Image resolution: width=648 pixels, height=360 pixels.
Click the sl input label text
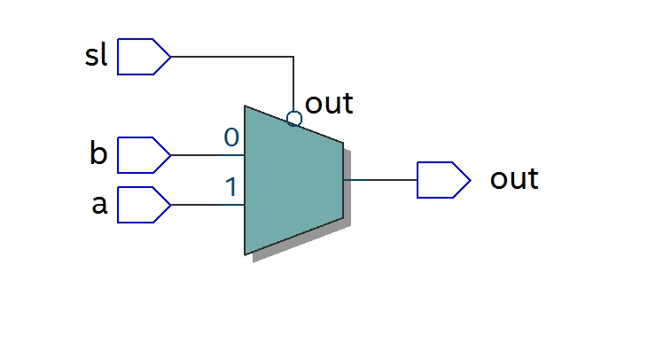click(x=96, y=56)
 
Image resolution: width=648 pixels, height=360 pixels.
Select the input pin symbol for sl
click(x=143, y=57)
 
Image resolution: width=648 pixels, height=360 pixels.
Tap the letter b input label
click(x=98, y=154)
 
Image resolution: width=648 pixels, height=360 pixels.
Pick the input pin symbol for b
click(x=143, y=155)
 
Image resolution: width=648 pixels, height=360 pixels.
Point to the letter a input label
click(x=99, y=205)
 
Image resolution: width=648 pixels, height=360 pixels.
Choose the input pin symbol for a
click(x=143, y=205)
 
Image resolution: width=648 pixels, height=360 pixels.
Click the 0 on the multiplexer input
click(x=230, y=137)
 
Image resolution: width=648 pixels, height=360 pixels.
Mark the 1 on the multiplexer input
click(x=230, y=187)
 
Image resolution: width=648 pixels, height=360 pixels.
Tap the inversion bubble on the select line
click(x=294, y=119)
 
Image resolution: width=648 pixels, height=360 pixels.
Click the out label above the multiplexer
click(x=329, y=104)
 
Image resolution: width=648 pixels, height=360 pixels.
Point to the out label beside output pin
click(x=514, y=179)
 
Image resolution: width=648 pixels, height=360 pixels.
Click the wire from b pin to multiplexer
click(x=207, y=155)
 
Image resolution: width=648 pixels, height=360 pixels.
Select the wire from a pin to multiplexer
click(x=207, y=205)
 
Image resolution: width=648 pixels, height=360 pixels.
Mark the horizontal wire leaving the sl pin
click(x=230, y=57)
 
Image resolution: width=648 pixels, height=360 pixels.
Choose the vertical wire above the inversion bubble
click(x=294, y=84)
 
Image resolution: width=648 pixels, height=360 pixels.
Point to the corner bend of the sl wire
click(x=294, y=57)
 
